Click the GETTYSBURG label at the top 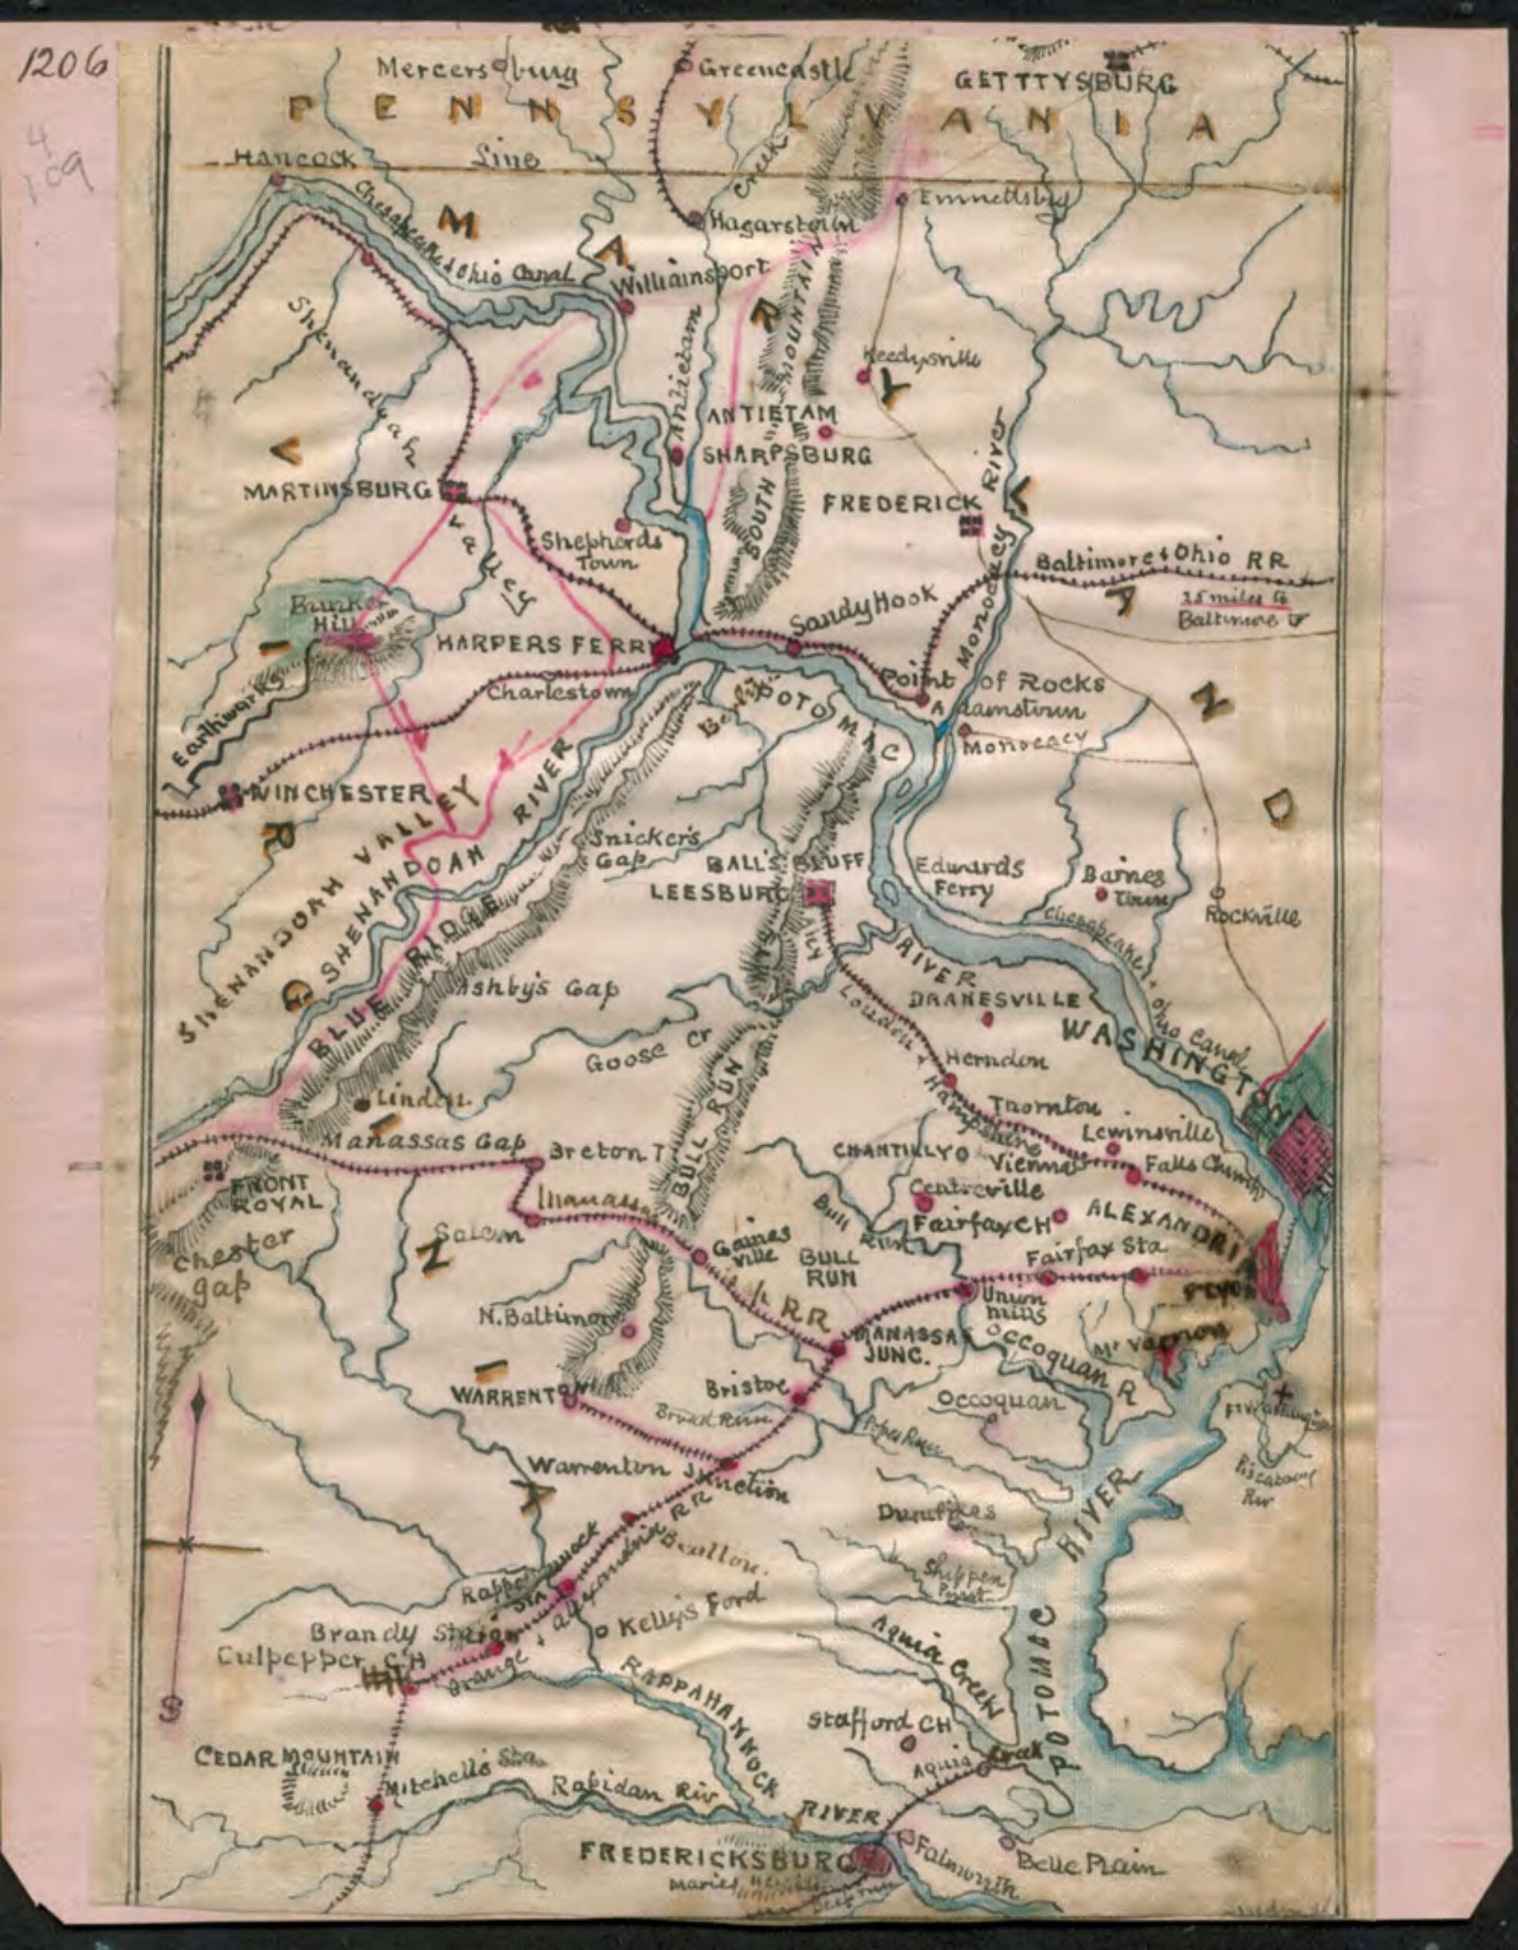click(x=1066, y=82)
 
